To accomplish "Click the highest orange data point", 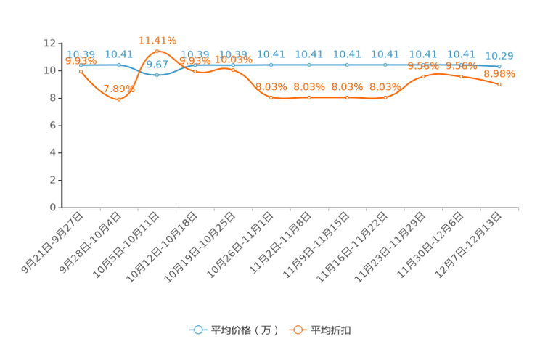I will [x=157, y=51].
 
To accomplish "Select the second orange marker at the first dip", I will [x=119, y=99].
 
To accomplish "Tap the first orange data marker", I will [x=81, y=70].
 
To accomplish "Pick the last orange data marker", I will [x=499, y=84].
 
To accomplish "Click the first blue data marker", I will [x=81, y=65].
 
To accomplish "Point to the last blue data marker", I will [x=499, y=66].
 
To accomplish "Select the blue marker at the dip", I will [x=157, y=74].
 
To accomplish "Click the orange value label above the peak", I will [x=157, y=40].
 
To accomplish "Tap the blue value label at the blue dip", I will [x=157, y=65].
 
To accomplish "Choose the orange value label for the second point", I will [x=119, y=89].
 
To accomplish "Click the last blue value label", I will [x=499, y=55].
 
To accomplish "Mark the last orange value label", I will [x=499, y=73].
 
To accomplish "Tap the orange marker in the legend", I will [x=298, y=330].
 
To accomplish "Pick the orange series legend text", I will [x=332, y=330].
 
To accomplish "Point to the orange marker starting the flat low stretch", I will [x=271, y=97].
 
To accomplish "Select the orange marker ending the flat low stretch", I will [x=385, y=97].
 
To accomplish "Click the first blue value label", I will [x=81, y=54].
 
